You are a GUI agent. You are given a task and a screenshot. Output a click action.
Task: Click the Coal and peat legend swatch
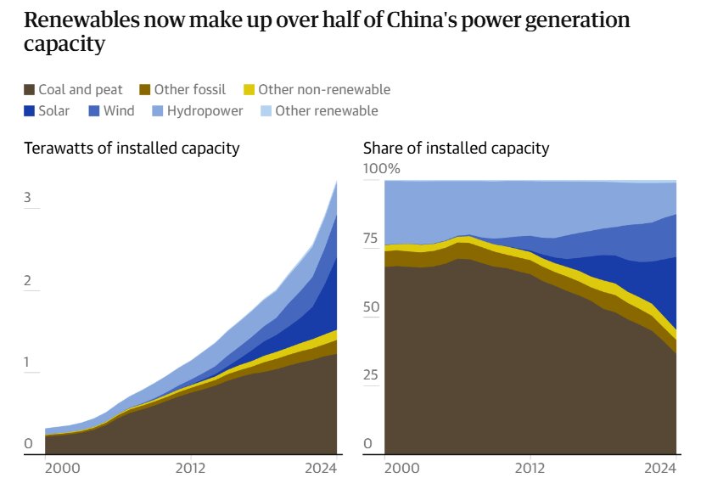[30, 90]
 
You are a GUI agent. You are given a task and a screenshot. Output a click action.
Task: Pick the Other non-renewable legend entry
[323, 90]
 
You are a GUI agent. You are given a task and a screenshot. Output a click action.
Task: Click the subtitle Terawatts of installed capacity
[132, 149]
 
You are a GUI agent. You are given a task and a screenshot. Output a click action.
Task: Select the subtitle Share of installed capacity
[456, 149]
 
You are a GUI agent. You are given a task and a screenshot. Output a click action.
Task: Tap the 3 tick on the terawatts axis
[28, 198]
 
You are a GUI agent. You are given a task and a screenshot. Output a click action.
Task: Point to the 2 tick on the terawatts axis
[28, 281]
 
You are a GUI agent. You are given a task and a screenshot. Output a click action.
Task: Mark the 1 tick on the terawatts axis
[28, 363]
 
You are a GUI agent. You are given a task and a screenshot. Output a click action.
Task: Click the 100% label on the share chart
[381, 169]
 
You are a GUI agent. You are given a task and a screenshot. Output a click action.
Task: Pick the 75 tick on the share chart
[371, 239]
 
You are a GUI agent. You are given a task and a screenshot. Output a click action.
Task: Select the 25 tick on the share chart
[371, 375]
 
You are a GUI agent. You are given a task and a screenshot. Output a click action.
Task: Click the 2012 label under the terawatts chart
[191, 468]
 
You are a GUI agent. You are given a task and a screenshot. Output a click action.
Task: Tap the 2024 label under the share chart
[660, 468]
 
